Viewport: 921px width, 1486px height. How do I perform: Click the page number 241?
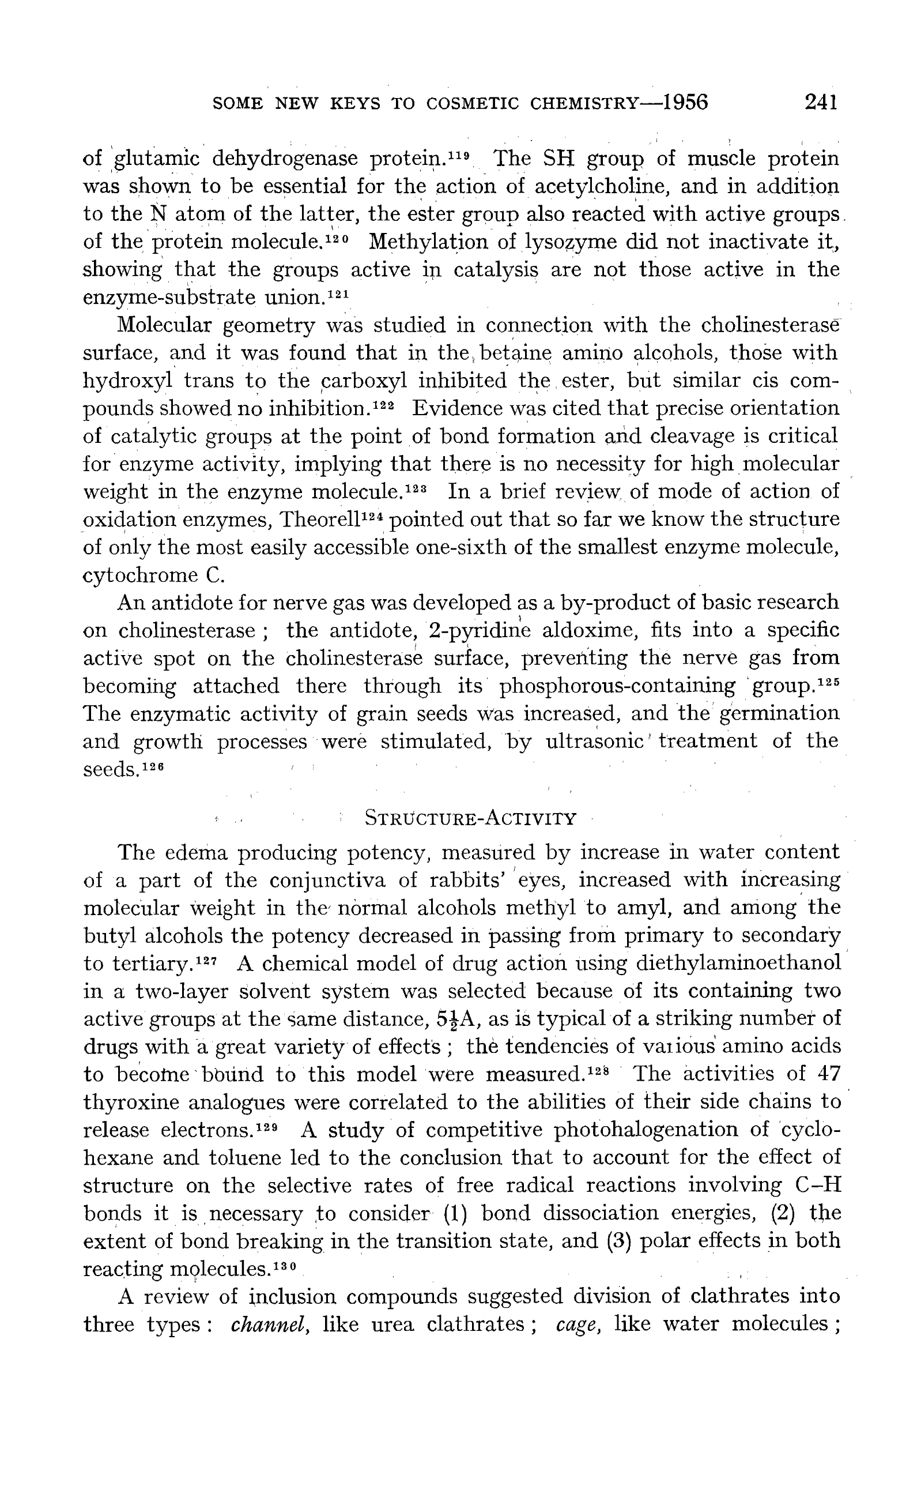821,101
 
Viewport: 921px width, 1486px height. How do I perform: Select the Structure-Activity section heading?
470,818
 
